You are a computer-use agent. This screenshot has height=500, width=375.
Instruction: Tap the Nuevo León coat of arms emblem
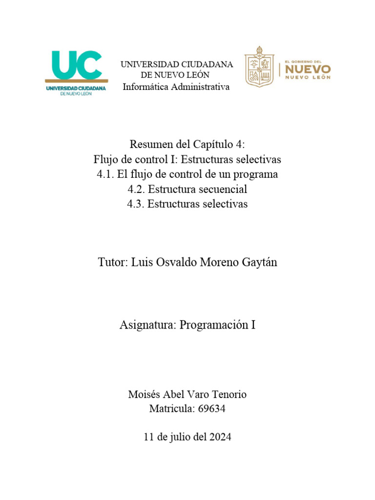pyautogui.click(x=259, y=67)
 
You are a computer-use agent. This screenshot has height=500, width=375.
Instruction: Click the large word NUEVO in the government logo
pyautogui.click(x=308, y=68)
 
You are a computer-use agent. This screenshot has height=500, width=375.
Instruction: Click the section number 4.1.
pyautogui.click(x=106, y=174)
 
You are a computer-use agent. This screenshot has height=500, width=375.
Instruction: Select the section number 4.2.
pyautogui.click(x=136, y=189)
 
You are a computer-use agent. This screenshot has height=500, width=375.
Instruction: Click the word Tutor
pyautogui.click(x=112, y=262)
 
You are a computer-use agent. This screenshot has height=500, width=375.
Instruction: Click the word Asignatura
pyautogui.click(x=146, y=325)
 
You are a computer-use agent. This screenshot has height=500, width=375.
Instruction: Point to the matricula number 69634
pyautogui.click(x=212, y=409)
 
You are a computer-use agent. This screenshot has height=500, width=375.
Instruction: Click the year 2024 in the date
pyautogui.click(x=220, y=437)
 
